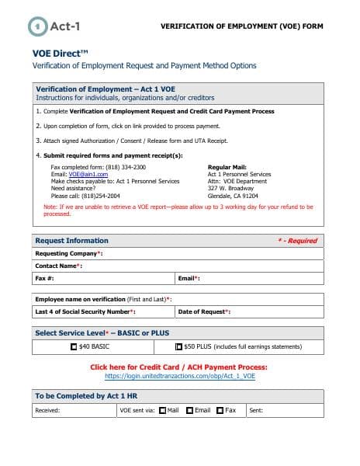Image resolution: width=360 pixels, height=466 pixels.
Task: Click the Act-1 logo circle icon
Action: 37,26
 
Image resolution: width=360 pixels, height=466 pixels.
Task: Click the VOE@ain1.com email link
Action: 85,174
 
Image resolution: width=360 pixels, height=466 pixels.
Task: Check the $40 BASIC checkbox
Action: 74,346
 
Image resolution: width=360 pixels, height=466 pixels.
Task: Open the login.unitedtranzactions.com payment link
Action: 179,376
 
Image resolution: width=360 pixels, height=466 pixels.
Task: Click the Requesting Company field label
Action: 68,253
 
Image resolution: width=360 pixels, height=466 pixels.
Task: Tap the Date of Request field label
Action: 204,311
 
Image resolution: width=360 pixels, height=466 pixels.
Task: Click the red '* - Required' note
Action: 297,241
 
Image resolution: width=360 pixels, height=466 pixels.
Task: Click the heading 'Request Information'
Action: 71,241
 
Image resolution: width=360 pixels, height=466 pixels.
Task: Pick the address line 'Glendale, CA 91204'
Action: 233,195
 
